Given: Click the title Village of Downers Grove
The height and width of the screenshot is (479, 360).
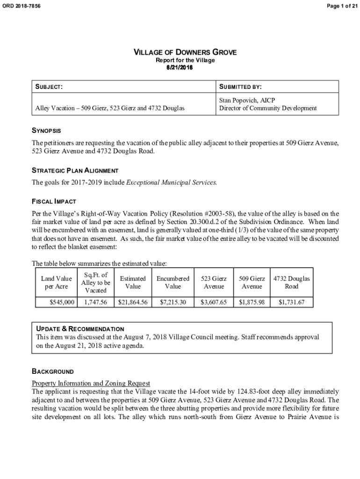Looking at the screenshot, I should pos(185,52).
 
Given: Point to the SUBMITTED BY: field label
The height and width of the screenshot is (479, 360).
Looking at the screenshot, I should pos(240,87).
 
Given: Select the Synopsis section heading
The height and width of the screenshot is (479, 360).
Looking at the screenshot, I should pos(46,131).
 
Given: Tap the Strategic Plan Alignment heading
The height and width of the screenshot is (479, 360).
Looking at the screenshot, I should pos(75,170).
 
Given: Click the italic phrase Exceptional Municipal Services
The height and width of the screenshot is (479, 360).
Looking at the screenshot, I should pos(172,182).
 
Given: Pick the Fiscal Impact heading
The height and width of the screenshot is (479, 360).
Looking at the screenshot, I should pos(53,201).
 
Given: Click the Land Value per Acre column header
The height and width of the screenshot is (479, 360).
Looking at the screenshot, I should pos(56,283).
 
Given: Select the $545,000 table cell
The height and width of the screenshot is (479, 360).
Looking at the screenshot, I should pos(62,303).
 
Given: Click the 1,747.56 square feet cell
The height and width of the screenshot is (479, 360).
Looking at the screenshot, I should pos(96,303).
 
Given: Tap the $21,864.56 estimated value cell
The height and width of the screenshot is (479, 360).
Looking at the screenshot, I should pos(133,303).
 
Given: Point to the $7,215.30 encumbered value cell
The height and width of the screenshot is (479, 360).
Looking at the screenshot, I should pos(173,303).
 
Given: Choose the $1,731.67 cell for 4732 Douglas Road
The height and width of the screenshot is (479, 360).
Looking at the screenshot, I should pos(291,303).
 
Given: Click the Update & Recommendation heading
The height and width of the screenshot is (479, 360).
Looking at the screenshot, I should pos(80,329).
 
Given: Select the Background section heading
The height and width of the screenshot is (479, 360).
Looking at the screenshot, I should pos(52,371).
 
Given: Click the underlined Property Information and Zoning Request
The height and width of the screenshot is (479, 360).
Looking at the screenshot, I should pos(91,383).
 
